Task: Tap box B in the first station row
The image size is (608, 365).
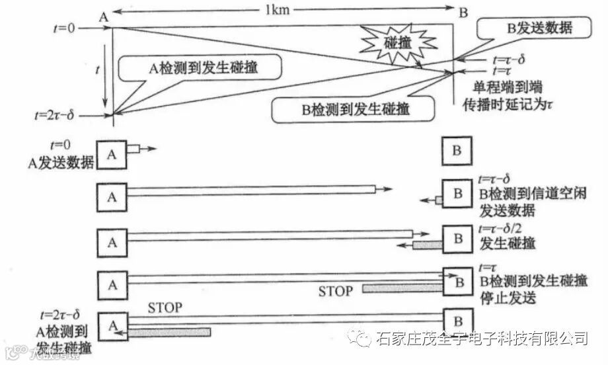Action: coord(457,151)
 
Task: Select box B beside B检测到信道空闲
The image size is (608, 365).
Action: coord(457,195)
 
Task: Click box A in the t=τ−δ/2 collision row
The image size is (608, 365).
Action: coord(112,242)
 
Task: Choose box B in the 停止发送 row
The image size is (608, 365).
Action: coord(457,282)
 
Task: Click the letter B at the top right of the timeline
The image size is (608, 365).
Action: coord(463,12)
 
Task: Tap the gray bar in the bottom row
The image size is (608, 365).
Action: coord(169,333)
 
